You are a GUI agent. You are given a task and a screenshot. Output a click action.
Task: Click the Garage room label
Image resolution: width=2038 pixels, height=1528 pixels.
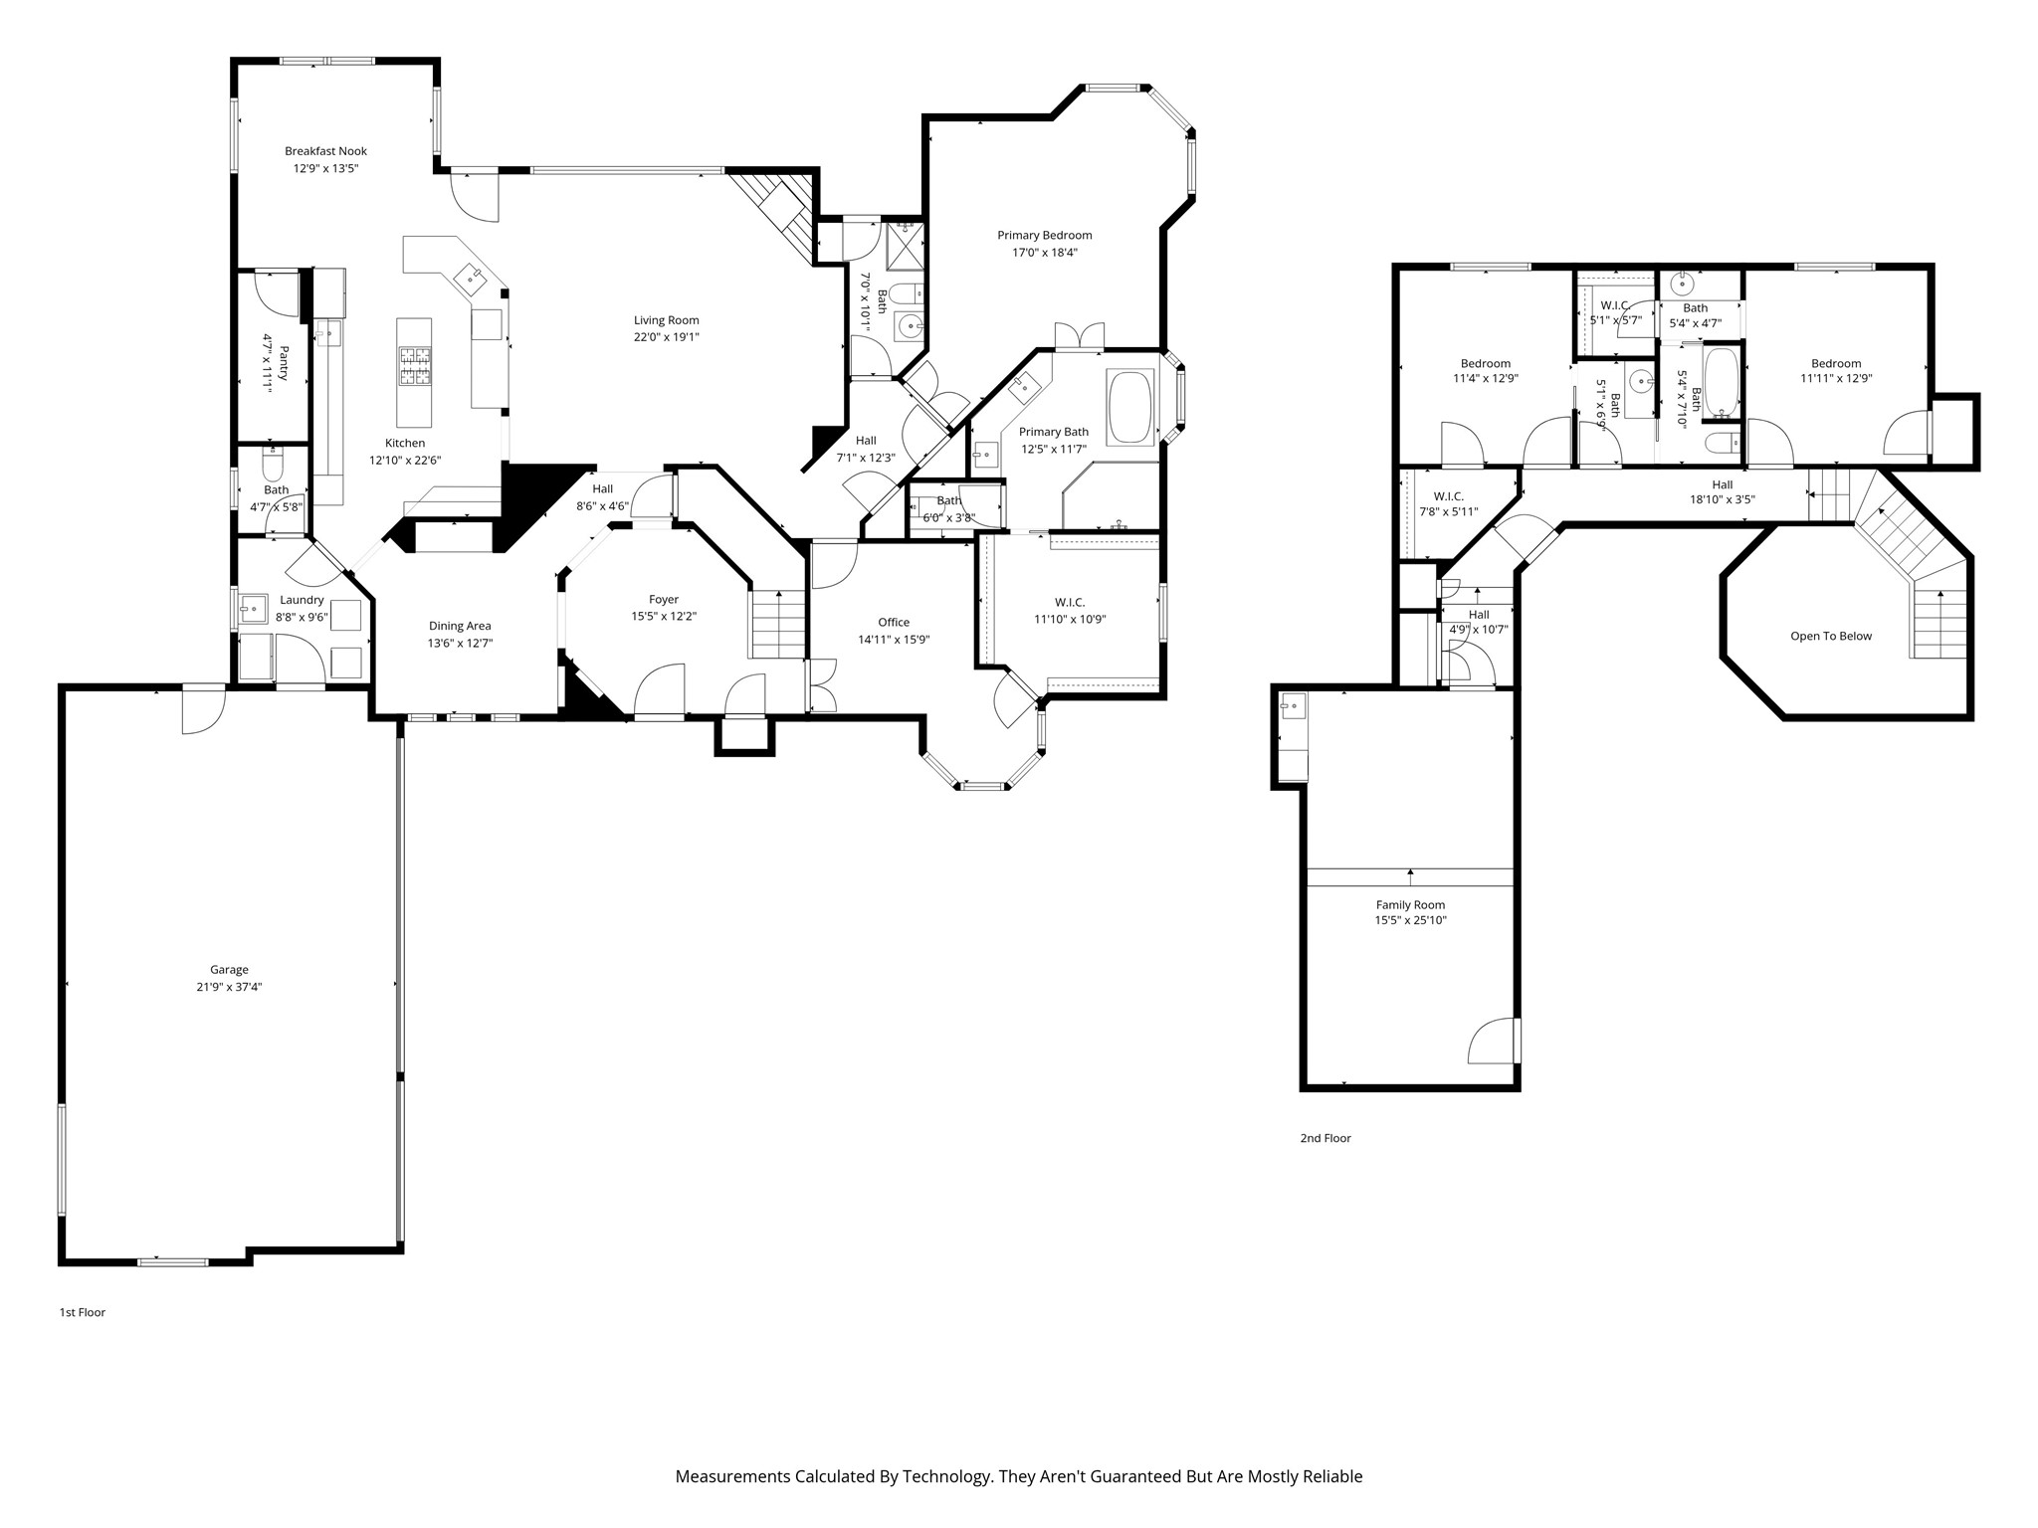(229, 970)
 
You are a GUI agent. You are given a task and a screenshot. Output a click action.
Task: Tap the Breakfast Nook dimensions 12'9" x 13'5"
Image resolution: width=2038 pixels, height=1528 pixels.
(325, 169)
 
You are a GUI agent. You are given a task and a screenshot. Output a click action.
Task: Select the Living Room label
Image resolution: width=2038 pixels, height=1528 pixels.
(667, 320)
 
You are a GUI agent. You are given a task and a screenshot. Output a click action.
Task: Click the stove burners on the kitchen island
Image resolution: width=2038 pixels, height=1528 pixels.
(415, 365)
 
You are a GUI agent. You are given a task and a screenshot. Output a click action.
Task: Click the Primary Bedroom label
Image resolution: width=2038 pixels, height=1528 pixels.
(1045, 236)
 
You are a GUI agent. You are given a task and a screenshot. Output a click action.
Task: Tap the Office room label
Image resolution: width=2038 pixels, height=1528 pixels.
(894, 623)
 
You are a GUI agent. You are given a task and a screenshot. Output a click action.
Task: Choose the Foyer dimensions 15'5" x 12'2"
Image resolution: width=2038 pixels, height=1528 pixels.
(664, 617)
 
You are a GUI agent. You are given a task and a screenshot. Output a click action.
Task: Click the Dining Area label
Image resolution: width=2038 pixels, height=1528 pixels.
(460, 626)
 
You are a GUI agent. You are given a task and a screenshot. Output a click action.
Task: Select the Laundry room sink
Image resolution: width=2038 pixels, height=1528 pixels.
(252, 606)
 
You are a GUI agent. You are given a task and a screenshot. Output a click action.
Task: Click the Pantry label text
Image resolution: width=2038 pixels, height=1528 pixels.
(284, 363)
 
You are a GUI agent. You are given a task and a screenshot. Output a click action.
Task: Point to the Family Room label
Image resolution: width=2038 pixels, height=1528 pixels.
(1410, 905)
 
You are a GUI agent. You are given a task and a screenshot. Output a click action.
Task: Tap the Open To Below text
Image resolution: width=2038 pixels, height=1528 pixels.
(1831, 637)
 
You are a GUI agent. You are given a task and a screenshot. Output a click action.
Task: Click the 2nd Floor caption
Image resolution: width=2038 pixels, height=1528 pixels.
(1325, 1138)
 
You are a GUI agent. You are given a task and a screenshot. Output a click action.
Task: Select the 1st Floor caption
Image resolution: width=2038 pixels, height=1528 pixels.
(83, 1312)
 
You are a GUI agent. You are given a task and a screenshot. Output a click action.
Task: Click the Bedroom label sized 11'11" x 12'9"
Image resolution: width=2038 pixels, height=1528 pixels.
(1836, 364)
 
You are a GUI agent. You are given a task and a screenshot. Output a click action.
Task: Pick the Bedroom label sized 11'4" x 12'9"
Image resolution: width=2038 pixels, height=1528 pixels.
(1486, 364)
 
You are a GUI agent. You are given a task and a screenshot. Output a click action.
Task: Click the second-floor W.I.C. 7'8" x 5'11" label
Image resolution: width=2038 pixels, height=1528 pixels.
(1449, 496)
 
